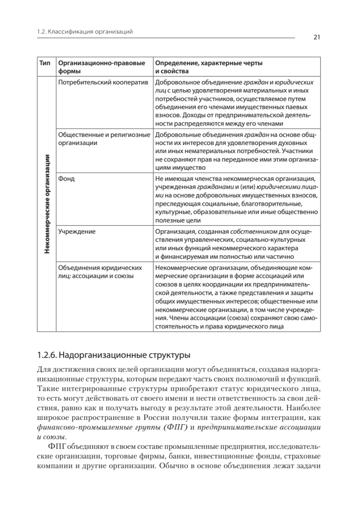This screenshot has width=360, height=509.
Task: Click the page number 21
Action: [316, 37]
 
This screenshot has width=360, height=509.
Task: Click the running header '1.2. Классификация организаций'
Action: [85, 31]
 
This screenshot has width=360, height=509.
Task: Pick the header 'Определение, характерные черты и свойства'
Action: [209, 67]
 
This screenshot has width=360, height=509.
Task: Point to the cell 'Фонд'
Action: [66, 179]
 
